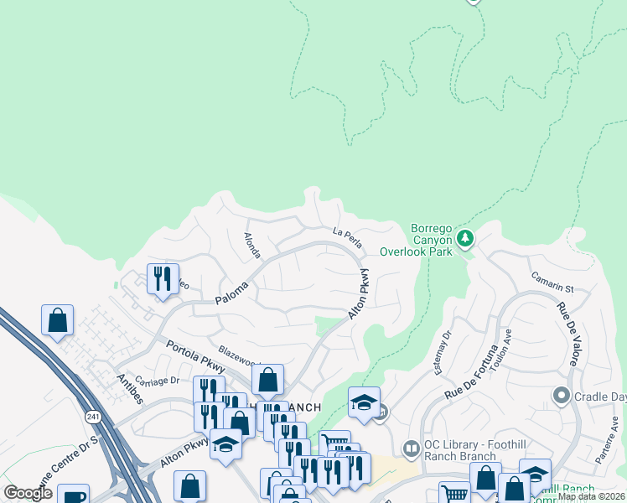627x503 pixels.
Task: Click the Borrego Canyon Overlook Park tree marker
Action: click(x=466, y=240)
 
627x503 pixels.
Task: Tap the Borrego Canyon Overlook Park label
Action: click(x=416, y=240)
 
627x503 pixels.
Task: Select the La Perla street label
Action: click(x=347, y=238)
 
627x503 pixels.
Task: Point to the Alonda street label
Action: click(x=251, y=246)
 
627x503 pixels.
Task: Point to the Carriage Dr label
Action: click(x=157, y=380)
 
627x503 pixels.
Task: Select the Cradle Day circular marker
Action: click(x=561, y=394)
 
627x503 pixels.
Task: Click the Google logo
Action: click(x=28, y=493)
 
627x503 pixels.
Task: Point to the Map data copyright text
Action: click(x=590, y=496)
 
